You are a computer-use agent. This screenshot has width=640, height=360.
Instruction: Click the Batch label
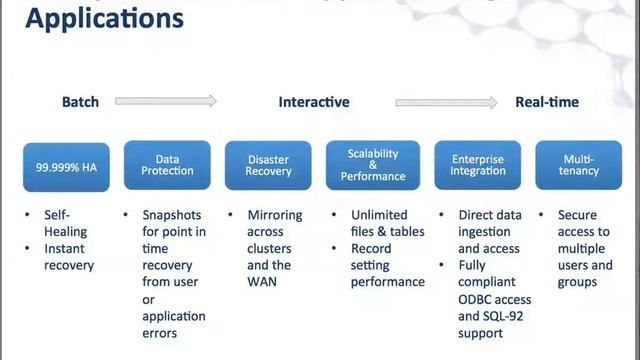(81, 102)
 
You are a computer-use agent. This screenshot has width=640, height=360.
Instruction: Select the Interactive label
(314, 102)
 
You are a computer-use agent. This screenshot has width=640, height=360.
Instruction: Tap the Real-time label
(547, 102)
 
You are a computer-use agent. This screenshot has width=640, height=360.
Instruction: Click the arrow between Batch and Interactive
(166, 101)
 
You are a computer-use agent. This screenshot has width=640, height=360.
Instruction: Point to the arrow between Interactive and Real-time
(446, 101)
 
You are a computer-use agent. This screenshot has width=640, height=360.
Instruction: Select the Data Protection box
(167, 166)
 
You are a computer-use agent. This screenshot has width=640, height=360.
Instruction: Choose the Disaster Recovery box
(269, 166)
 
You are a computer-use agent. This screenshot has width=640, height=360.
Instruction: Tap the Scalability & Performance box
(373, 166)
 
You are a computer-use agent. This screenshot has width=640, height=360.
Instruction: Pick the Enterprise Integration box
(477, 166)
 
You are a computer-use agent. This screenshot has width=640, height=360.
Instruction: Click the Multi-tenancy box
(579, 166)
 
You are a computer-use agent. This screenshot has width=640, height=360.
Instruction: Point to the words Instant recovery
(68, 257)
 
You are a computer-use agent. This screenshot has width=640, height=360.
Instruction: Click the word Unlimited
(379, 215)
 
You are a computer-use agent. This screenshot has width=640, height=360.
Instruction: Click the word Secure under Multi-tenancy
(577, 215)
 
